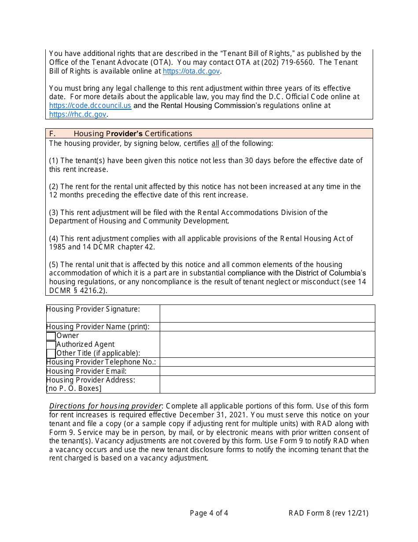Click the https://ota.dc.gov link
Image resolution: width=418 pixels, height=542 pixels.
point(191,71)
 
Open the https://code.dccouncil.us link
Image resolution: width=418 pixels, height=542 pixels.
point(90,106)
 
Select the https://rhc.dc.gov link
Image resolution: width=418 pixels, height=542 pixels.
point(77,115)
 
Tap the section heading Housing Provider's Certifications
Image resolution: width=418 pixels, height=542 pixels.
point(132,134)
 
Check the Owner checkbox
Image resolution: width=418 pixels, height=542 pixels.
point(51,336)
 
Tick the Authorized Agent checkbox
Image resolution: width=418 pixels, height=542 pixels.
point(51,345)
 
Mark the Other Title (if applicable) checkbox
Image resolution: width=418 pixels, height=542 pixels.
point(51,353)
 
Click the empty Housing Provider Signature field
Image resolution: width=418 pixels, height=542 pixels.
point(267,313)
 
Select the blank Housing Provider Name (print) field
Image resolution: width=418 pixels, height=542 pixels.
point(267,327)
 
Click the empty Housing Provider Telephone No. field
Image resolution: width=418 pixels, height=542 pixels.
point(267,362)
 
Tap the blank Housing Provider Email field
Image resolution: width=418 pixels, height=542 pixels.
point(267,371)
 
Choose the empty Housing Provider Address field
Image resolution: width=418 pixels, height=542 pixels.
point(267,384)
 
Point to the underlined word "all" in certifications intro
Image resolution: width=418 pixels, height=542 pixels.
point(215,143)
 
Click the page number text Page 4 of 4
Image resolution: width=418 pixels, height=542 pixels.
point(209,513)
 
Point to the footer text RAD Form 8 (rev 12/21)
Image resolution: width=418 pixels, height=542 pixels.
point(328,513)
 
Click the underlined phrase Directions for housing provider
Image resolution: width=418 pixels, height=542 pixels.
point(106,406)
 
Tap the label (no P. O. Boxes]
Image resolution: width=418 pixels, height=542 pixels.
point(74,389)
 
